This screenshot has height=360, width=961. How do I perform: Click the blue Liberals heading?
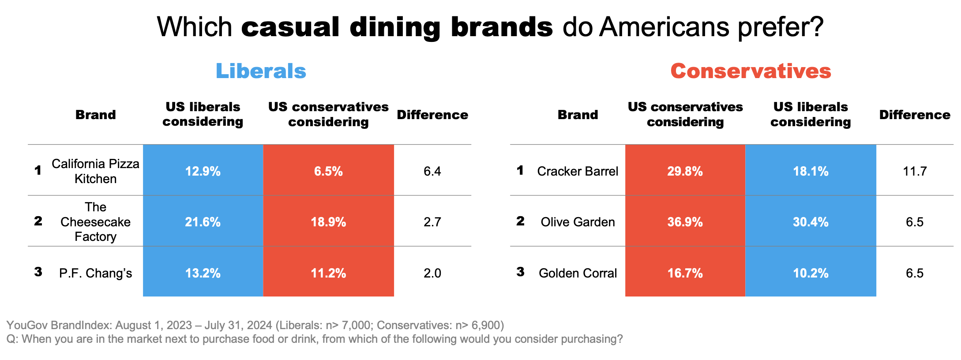point(261,71)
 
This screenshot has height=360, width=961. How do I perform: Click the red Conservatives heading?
point(751,71)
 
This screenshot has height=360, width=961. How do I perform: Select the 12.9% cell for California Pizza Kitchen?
point(203,171)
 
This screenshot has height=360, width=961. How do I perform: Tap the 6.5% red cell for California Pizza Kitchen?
point(328,171)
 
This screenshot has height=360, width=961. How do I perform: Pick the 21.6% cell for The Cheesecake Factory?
point(203,221)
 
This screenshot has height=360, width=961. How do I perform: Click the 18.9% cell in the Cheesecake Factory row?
point(328,221)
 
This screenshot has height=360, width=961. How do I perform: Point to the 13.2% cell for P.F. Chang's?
point(203,273)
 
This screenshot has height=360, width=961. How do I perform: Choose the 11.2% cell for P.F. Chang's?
point(328,273)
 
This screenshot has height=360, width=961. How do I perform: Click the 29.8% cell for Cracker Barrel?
point(685,171)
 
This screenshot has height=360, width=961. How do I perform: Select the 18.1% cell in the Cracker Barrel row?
point(811,171)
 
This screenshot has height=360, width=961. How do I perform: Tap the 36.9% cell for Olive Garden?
point(685,221)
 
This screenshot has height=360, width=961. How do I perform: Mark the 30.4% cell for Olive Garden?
point(811,221)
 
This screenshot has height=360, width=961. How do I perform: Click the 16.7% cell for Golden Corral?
point(685,273)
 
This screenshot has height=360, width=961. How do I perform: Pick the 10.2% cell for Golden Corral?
point(811,273)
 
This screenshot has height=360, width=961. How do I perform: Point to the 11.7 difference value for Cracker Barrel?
point(915,171)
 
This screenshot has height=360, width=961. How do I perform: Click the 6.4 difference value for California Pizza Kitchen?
point(432,171)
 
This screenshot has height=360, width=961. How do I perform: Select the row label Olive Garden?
point(578,221)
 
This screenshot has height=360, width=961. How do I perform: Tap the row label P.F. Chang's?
point(95,273)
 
